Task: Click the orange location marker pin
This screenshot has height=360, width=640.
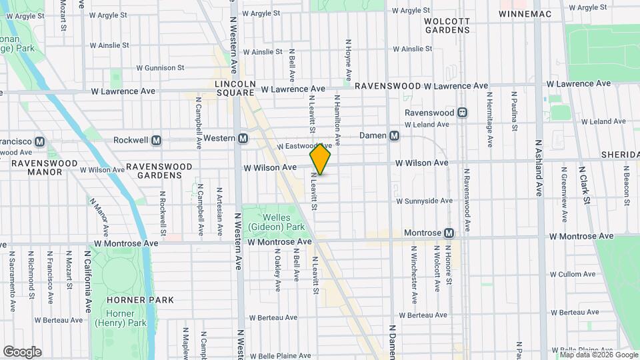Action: coord(321,159)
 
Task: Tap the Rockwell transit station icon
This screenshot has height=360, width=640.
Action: coord(157,141)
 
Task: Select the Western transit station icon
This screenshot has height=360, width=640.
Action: coord(243,138)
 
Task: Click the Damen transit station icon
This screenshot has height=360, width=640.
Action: coord(395,135)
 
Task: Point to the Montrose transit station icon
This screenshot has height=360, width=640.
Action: coord(449,233)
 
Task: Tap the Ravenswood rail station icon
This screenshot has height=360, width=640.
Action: coord(462,113)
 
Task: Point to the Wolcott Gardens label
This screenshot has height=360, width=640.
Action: coord(447,25)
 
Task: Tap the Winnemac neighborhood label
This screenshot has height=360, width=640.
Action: coord(523,13)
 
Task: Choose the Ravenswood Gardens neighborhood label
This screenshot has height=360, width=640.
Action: coord(159,171)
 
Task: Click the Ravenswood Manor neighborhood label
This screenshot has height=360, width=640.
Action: coord(37,167)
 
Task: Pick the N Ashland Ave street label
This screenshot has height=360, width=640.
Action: coord(539,167)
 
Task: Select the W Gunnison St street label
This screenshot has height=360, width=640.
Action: coord(160,68)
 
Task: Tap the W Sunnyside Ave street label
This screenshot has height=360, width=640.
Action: coord(424,201)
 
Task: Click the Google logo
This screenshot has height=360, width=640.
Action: coord(22,352)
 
